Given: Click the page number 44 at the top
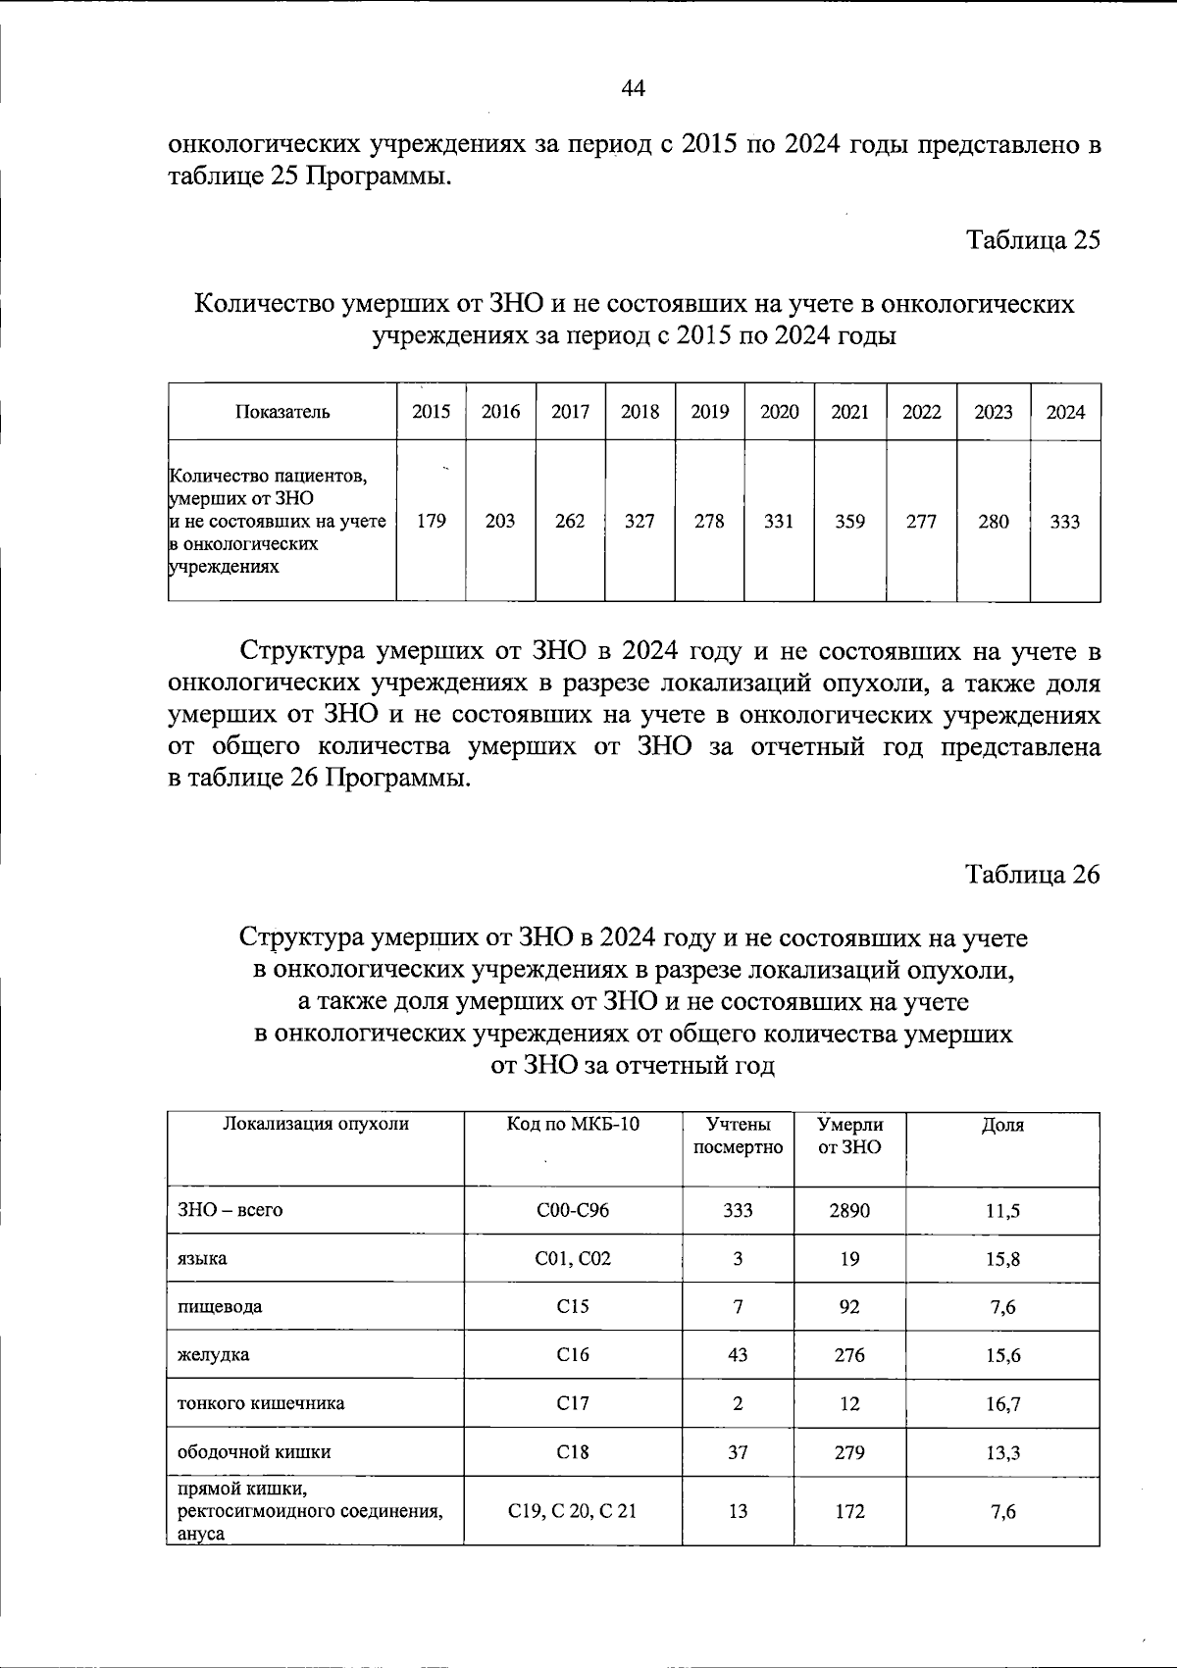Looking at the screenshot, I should pyautogui.click(x=633, y=89).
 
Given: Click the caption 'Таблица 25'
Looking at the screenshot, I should pyautogui.click(x=1033, y=240).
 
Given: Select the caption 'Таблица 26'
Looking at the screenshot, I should pyautogui.click(x=1033, y=874).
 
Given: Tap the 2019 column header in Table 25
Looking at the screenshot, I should pyautogui.click(x=709, y=412).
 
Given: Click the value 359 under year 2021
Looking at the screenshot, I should pyautogui.click(x=849, y=522).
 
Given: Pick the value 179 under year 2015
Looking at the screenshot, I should pyautogui.click(x=431, y=522).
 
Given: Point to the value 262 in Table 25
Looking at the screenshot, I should pyautogui.click(x=570, y=522).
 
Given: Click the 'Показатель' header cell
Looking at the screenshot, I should pyautogui.click(x=282, y=412).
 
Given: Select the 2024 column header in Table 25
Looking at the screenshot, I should pyautogui.click(x=1065, y=412).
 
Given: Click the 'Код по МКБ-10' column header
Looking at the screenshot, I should pyautogui.click(x=573, y=1124).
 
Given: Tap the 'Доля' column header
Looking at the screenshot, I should pyautogui.click(x=1002, y=1125).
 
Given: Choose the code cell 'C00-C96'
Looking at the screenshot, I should pyautogui.click(x=573, y=1210).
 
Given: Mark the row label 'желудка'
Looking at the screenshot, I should pyautogui.click(x=213, y=1355).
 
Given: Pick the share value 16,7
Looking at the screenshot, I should pyautogui.click(x=1002, y=1404).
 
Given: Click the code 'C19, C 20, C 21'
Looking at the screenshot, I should pyautogui.click(x=573, y=1511).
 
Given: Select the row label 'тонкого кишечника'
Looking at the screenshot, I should pyautogui.click(x=260, y=1403).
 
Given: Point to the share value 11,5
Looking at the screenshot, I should pyautogui.click(x=1002, y=1211).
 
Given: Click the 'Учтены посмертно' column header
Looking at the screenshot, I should pyautogui.click(x=738, y=1136).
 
